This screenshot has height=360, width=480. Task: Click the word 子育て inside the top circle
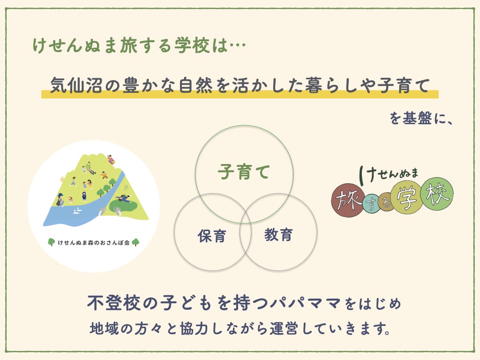point(244,172)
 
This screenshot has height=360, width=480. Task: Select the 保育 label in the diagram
point(212,236)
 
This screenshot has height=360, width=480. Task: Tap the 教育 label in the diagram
point(278,235)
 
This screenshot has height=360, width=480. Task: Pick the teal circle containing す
point(372,203)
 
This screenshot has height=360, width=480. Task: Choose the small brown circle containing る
point(386,202)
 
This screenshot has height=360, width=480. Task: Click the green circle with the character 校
point(437,194)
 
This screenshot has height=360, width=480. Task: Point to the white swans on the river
point(77,210)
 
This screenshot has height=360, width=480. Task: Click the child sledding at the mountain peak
point(111,159)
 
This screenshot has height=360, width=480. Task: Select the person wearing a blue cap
point(60,200)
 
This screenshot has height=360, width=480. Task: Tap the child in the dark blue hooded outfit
point(84,196)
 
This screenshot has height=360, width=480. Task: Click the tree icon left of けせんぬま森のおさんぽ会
point(52,242)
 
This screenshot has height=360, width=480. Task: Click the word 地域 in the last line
point(104,329)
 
